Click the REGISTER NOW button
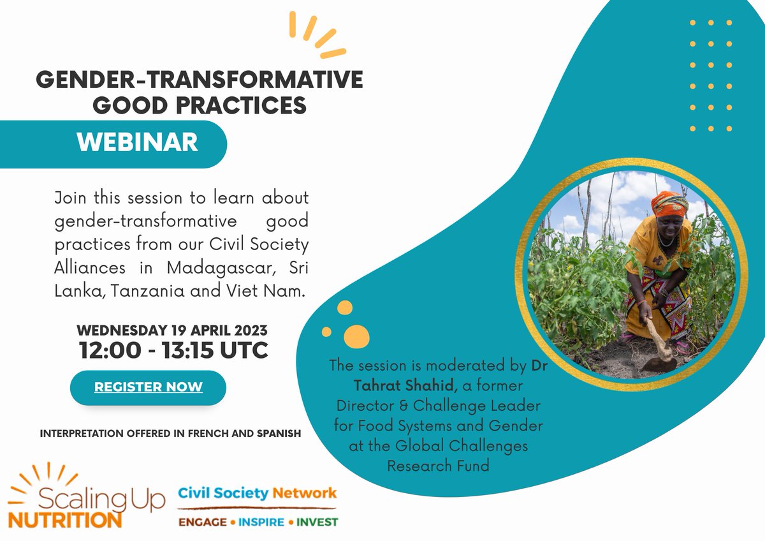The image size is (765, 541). [x=148, y=387]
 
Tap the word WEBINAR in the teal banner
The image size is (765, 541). [x=137, y=142]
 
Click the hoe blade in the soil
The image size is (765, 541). [x=656, y=364]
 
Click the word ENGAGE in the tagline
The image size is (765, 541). [x=202, y=522]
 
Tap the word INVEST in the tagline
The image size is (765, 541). [x=317, y=522]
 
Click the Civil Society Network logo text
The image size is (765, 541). [x=257, y=493]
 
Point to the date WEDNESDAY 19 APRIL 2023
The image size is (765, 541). [x=172, y=331]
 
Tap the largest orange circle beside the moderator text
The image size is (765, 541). [x=356, y=336]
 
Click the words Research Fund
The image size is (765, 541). [x=438, y=466]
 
